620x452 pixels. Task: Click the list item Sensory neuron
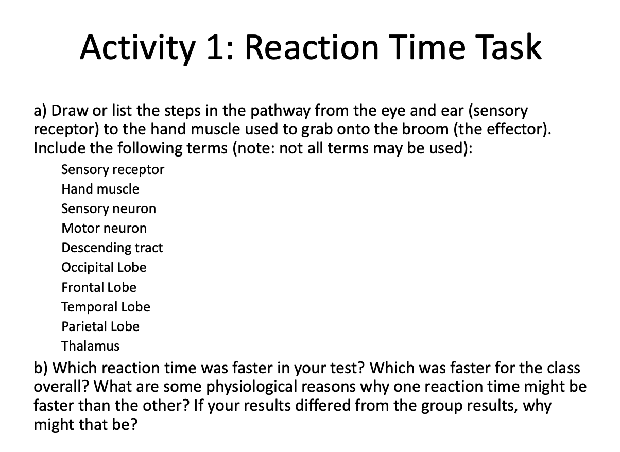(x=108, y=208)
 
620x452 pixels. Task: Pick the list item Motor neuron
(x=104, y=228)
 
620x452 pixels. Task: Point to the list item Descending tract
(x=112, y=248)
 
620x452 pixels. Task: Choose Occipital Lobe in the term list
(x=104, y=267)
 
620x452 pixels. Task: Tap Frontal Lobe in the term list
(x=99, y=287)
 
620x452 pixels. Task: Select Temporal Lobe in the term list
(x=106, y=307)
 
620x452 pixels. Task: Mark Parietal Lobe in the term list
(x=100, y=326)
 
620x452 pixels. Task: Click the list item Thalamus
(x=90, y=346)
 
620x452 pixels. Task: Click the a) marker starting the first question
(x=41, y=110)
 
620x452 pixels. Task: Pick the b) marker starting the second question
(x=41, y=368)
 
